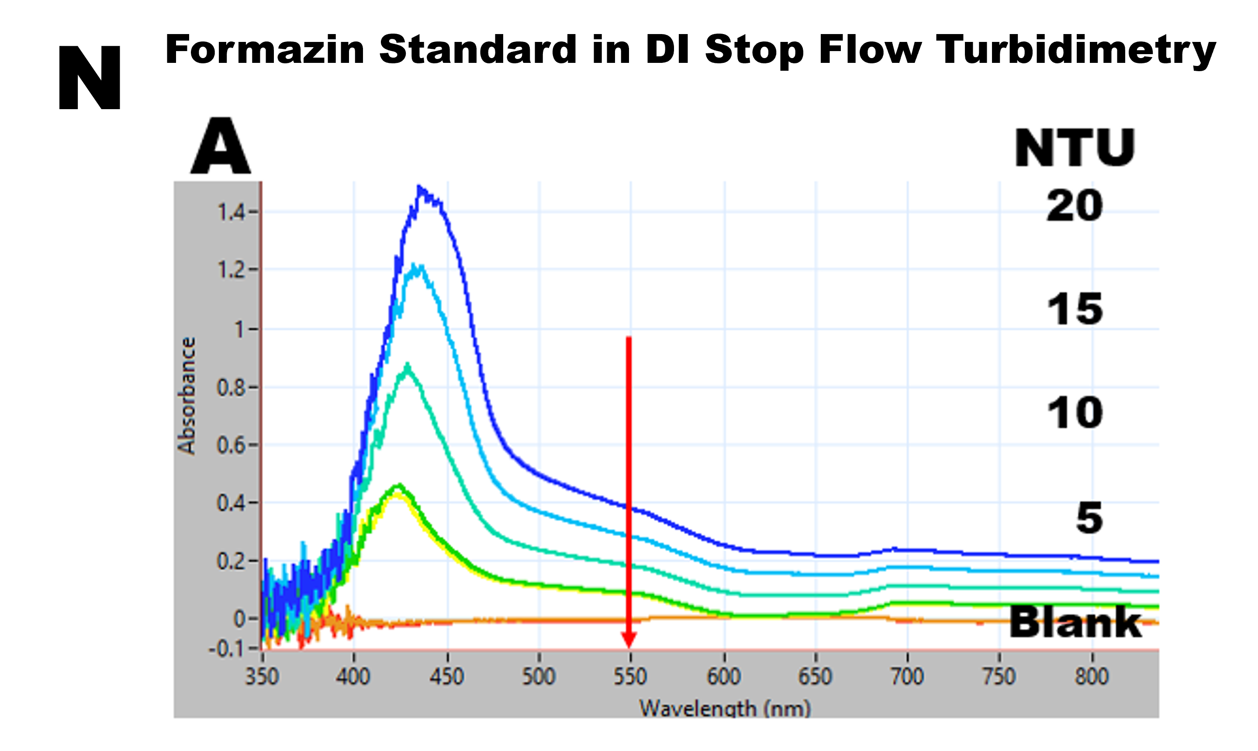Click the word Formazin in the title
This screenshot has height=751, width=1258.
(264, 50)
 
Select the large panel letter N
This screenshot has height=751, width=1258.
(90, 77)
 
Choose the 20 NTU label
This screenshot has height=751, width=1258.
(1074, 206)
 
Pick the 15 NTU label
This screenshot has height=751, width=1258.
(1074, 309)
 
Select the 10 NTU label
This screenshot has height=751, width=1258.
(1074, 413)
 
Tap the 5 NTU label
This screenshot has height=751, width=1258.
(1089, 518)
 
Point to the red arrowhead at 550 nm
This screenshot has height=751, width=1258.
(629, 640)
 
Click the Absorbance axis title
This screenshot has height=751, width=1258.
(186, 396)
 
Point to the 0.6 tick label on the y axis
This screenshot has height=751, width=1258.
(231, 445)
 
